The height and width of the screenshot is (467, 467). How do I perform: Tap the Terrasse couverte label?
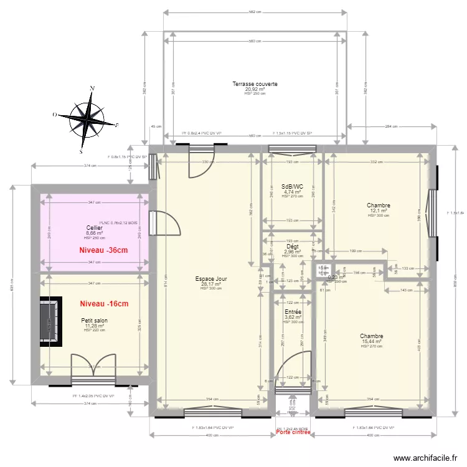tap(255, 83)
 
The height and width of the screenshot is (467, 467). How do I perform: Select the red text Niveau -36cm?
tap(103, 250)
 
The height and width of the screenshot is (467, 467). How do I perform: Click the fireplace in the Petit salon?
tap(51, 321)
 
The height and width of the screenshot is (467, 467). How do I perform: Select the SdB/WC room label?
tap(291, 186)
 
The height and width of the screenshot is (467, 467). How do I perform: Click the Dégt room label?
tap(292, 247)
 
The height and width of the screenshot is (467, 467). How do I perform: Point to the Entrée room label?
tap(292, 311)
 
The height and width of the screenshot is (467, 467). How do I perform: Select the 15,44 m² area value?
tap(371, 342)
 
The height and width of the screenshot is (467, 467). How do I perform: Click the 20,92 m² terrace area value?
tap(255, 89)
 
